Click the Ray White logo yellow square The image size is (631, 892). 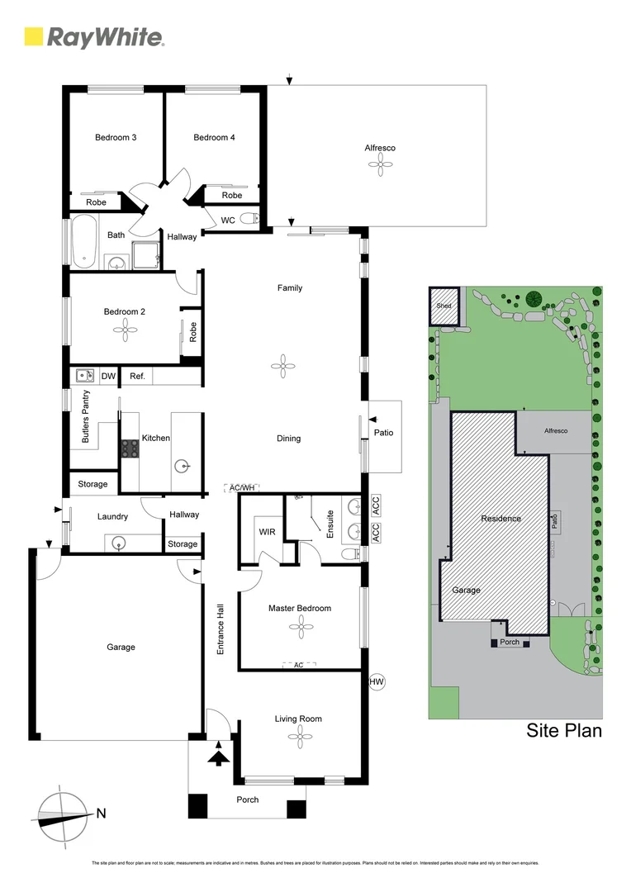click(34, 36)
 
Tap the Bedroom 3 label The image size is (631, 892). click(116, 137)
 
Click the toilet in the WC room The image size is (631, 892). click(254, 220)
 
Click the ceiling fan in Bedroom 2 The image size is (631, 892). click(125, 331)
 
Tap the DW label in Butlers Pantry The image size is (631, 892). click(108, 377)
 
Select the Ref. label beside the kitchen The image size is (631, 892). click(137, 377)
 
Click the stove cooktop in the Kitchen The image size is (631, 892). click(130, 448)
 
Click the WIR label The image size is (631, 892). click(267, 532)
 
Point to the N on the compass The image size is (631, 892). click(101, 814)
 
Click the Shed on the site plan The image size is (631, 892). click(444, 306)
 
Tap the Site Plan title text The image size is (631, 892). click(564, 731)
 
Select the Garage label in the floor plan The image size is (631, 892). click(121, 648)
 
